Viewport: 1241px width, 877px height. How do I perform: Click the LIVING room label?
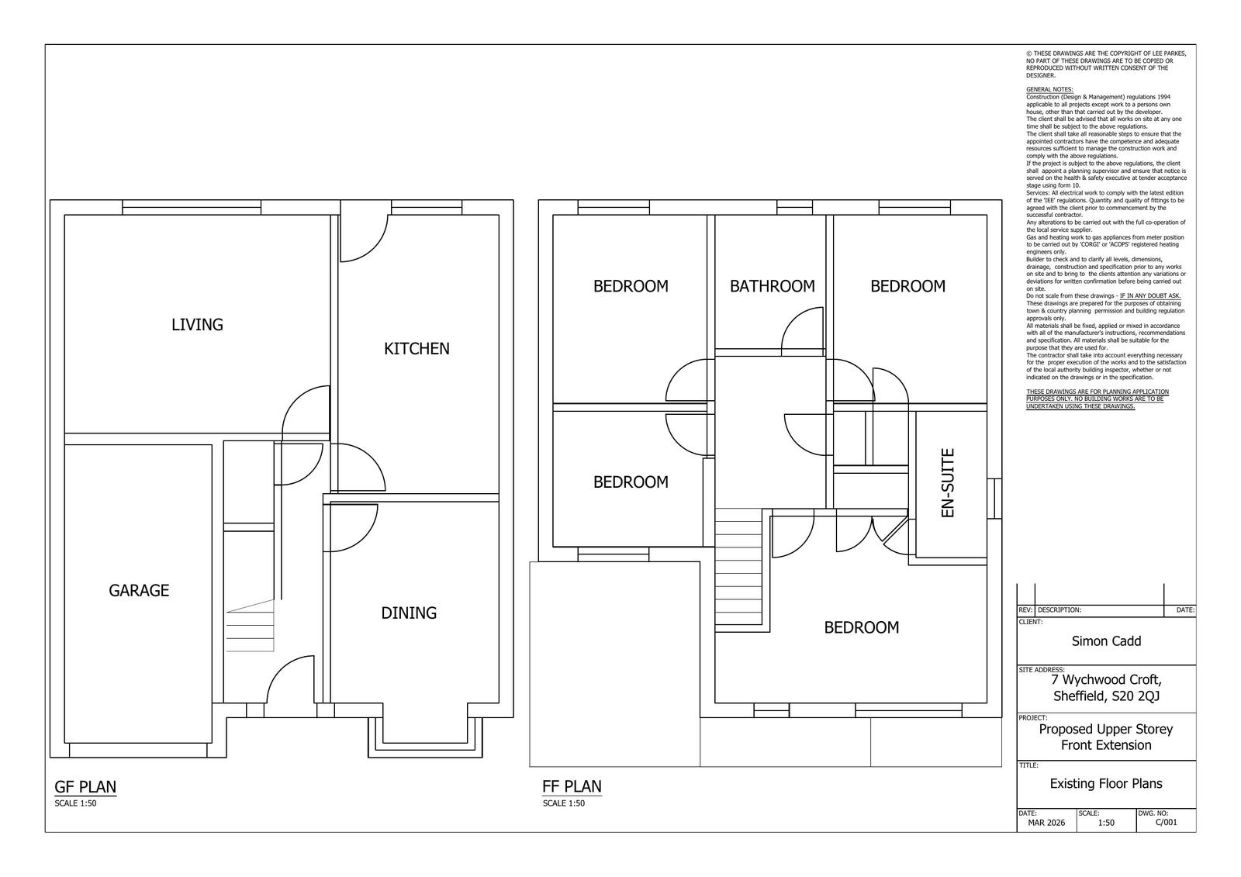click(x=197, y=325)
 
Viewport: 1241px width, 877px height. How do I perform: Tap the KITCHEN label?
click(x=417, y=349)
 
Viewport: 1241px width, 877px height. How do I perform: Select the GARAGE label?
click(x=139, y=591)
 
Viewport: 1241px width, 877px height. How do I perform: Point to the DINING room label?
click(x=409, y=613)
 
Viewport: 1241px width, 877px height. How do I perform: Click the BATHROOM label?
click(x=772, y=286)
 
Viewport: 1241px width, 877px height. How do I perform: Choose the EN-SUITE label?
click(x=947, y=483)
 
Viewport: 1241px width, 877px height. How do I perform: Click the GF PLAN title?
click(x=85, y=787)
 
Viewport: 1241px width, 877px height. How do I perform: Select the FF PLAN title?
click(x=572, y=786)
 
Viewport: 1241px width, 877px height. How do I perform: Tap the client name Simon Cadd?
click(x=1106, y=641)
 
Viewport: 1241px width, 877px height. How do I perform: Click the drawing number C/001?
click(x=1166, y=823)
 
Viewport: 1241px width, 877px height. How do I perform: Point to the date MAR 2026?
click(x=1046, y=823)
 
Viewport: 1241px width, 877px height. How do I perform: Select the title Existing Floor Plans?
click(x=1106, y=784)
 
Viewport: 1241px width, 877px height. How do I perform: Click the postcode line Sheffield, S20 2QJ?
click(x=1106, y=696)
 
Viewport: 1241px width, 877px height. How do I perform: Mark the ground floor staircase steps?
click(x=250, y=627)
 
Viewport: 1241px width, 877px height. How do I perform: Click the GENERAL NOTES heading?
click(x=1049, y=89)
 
